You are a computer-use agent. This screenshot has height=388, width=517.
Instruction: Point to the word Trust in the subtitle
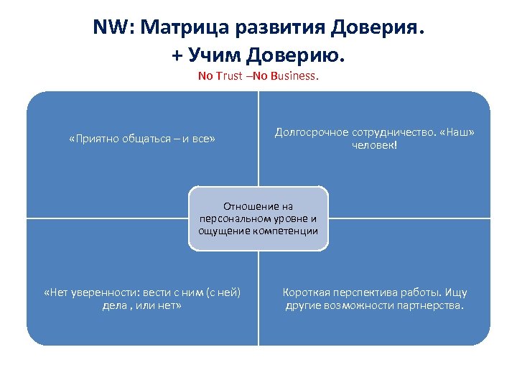click(229, 76)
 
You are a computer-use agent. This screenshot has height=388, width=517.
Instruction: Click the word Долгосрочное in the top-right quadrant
click(308, 132)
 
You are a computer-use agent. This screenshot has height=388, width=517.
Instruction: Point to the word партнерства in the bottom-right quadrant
click(429, 305)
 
